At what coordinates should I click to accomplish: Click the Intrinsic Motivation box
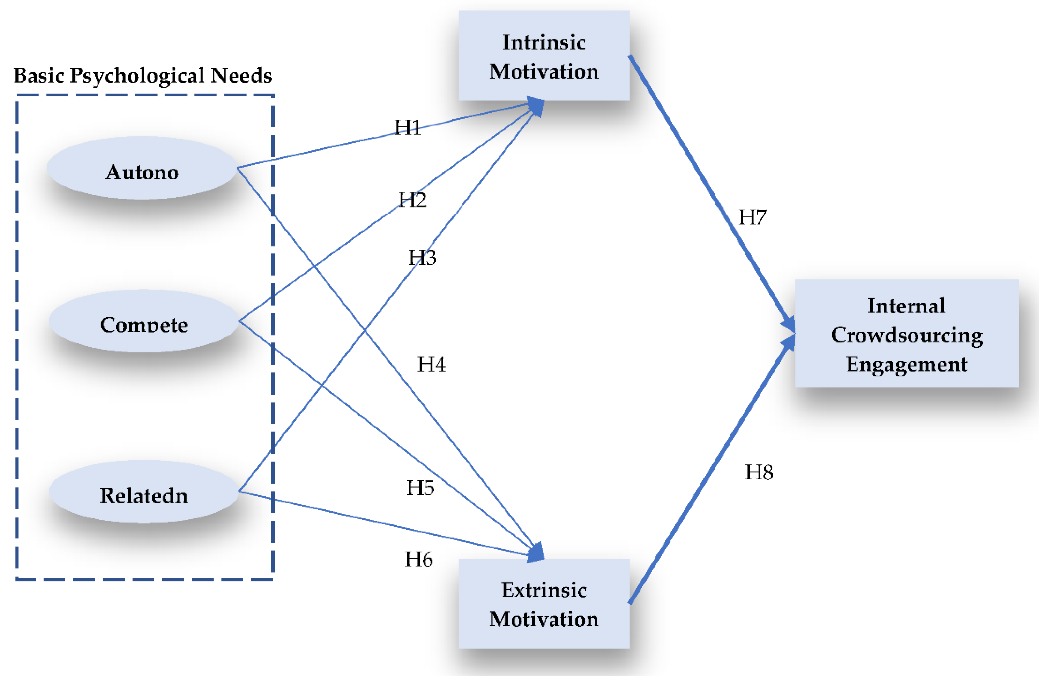544,56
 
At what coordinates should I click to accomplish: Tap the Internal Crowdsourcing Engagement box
906,334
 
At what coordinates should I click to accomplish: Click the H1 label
408,128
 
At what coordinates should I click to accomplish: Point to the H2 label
413,200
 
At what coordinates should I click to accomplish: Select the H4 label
431,364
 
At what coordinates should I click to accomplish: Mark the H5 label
420,488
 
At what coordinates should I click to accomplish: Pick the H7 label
752,217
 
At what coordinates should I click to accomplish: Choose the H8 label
759,472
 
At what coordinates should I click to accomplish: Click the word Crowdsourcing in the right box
907,335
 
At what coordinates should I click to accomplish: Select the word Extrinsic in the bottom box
544,590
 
